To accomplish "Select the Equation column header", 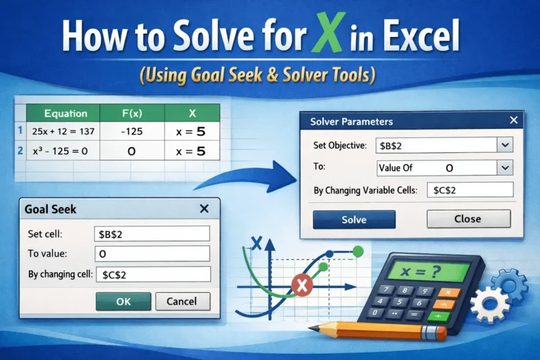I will click(65, 113).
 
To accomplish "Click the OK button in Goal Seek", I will click(123, 301).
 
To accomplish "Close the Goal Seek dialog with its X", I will click(204, 209).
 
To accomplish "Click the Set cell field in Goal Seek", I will click(151, 233).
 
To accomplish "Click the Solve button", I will click(354, 219).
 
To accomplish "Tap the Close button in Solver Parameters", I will click(468, 219).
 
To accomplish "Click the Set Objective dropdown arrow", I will click(505, 145).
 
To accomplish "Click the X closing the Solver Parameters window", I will click(514, 121).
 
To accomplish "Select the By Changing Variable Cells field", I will click(469, 190).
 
